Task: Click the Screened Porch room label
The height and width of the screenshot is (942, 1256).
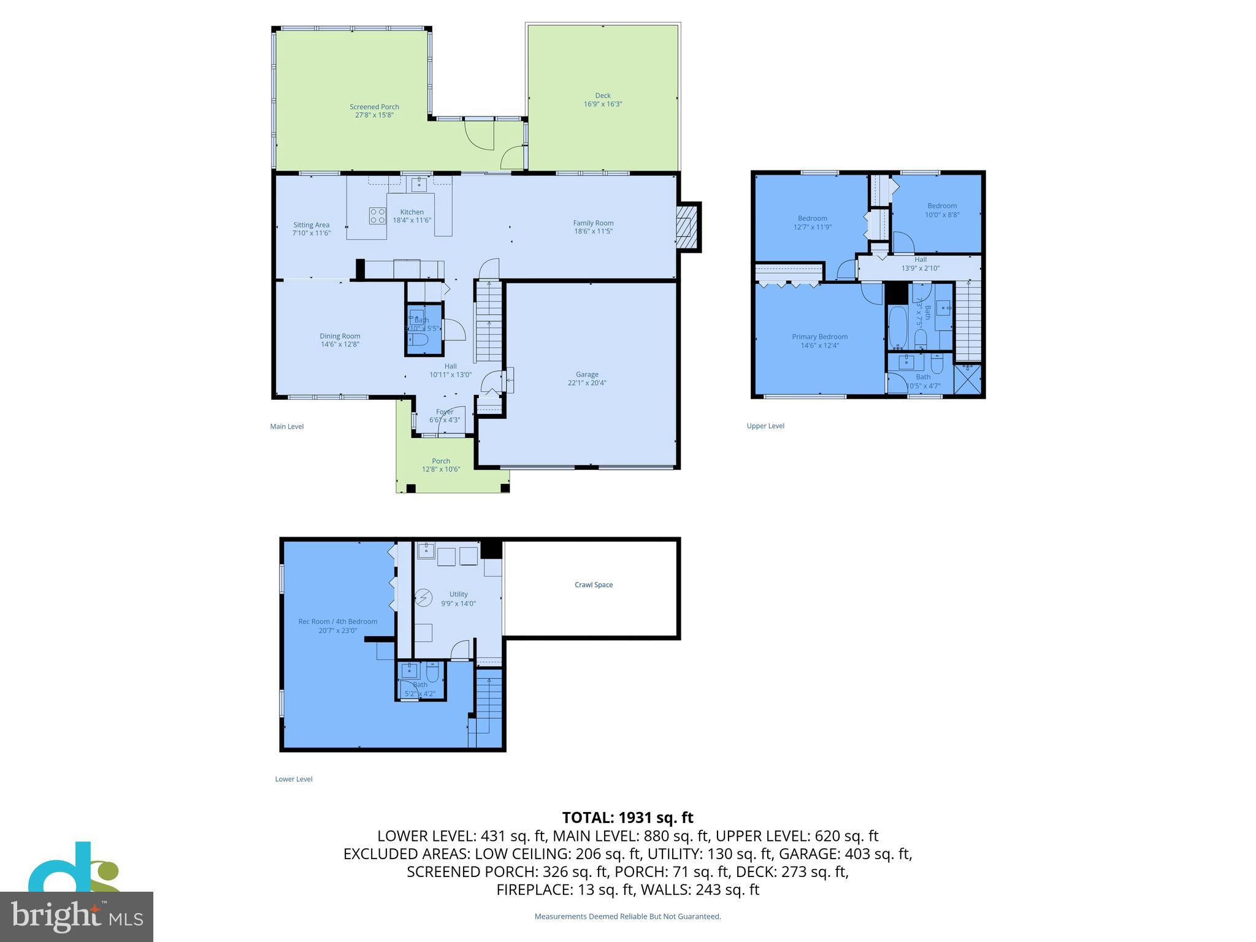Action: tap(374, 107)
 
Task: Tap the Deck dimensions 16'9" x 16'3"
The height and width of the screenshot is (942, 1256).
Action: tap(603, 104)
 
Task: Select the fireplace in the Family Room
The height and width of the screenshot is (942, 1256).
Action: tap(687, 227)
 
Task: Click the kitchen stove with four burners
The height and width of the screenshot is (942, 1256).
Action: tap(377, 215)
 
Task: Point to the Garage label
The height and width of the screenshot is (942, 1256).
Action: tap(587, 374)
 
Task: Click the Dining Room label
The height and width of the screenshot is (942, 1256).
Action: tap(340, 336)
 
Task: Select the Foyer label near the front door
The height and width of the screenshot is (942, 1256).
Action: tap(445, 412)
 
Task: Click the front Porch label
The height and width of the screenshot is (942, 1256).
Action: tap(441, 461)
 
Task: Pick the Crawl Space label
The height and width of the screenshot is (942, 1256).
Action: tap(594, 584)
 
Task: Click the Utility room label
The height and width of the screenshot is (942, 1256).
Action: tap(458, 594)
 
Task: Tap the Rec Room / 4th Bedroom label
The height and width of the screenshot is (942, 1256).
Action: tap(338, 621)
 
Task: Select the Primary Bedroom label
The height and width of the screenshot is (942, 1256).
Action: tap(819, 337)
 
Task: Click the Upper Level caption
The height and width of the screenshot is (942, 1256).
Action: tap(765, 426)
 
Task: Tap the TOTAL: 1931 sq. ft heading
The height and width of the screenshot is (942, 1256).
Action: tap(627, 818)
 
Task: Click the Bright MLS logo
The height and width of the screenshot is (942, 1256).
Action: tap(77, 916)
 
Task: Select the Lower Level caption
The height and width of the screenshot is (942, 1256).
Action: tap(294, 779)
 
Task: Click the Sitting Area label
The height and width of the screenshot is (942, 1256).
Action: tap(311, 225)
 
